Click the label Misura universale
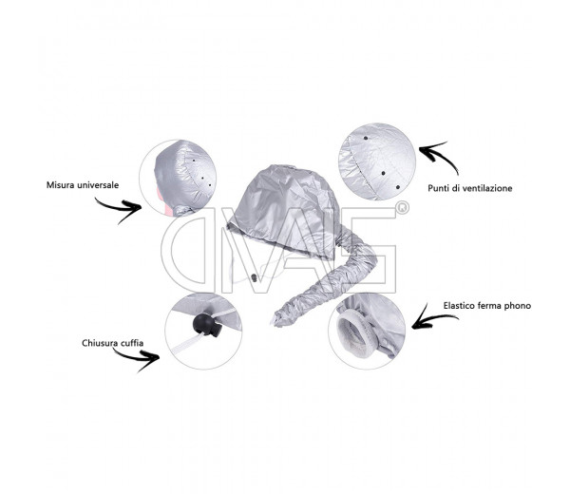83,185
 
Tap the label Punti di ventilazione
470,188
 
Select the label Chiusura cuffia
112,343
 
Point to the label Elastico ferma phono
487,306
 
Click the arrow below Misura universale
120,209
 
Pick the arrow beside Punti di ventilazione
438,156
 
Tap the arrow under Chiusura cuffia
138,358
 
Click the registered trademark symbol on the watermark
402,207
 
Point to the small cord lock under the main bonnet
254,277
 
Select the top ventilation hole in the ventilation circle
366,138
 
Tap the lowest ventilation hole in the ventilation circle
398,187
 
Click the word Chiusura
98,343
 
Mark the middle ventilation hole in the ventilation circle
383,174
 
